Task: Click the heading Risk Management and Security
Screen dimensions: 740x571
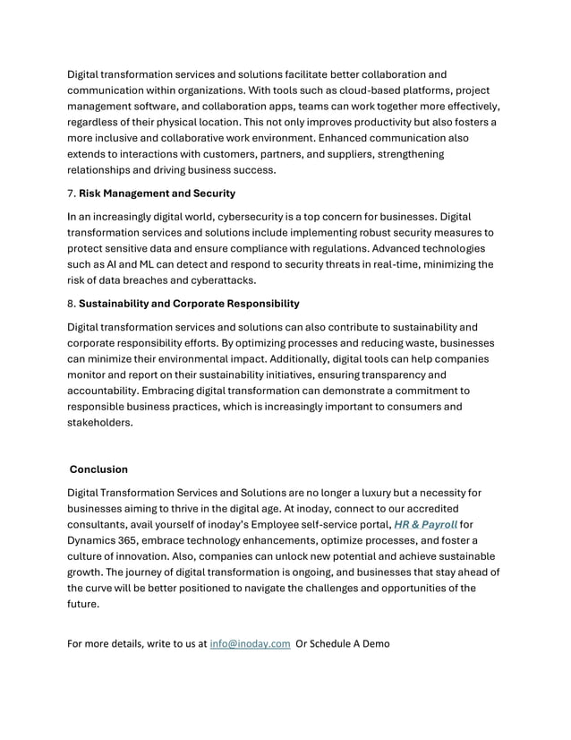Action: point(157,193)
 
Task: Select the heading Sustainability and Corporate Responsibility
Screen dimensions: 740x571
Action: point(189,303)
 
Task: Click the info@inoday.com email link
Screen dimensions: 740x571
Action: point(250,643)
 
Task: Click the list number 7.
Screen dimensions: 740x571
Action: point(72,193)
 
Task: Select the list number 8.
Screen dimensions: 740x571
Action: point(72,303)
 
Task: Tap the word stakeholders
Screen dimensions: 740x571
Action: point(99,423)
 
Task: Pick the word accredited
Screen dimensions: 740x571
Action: point(460,508)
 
